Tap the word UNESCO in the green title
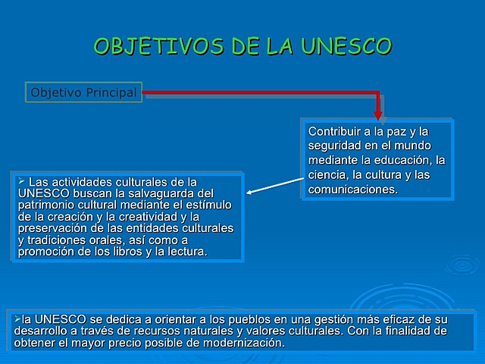click(x=346, y=46)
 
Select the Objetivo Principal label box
click(x=83, y=93)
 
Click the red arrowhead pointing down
click(x=377, y=114)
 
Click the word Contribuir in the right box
click(x=333, y=131)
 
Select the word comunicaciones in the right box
click(x=352, y=190)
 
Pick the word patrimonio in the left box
click(x=45, y=205)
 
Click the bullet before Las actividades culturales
click(x=21, y=181)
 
